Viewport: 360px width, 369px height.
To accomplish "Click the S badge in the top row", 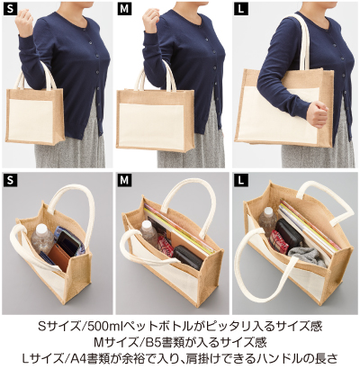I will [10, 9].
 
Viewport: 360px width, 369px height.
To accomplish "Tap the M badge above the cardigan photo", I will [125, 9].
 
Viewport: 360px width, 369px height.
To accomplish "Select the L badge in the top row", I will [240, 9].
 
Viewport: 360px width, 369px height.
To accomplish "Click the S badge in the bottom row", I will [10, 182].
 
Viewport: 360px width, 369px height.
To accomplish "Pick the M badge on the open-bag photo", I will [125, 182].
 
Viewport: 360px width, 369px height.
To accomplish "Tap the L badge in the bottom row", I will [240, 182].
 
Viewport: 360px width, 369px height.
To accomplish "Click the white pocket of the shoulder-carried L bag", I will [269, 118].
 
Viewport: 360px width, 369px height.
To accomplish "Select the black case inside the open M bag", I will [186, 257].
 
